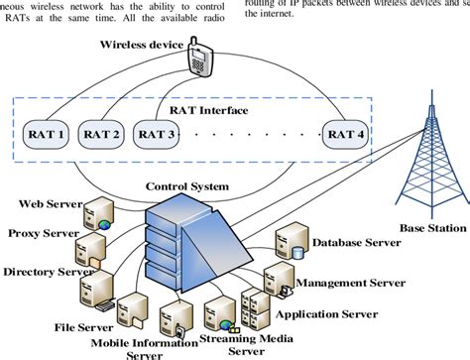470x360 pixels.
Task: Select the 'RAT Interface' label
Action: (222, 111)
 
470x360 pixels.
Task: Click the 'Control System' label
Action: (188, 185)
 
